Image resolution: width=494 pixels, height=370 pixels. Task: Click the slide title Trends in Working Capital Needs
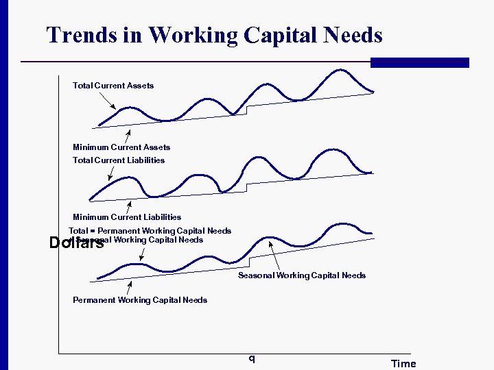tap(214, 35)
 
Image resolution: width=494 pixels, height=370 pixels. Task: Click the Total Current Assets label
tap(113, 86)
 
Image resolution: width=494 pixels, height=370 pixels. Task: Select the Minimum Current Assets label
tap(121, 147)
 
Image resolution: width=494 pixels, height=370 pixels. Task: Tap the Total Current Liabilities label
tap(119, 160)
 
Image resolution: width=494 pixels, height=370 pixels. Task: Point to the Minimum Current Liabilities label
tap(127, 217)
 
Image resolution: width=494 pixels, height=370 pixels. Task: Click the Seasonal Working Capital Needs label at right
tap(301, 275)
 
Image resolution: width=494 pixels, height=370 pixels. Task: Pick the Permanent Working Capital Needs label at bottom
tap(140, 300)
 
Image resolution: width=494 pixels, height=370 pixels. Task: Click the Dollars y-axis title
tap(76, 243)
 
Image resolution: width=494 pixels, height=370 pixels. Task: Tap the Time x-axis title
tap(403, 364)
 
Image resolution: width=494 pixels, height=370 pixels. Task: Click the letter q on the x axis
tap(252, 358)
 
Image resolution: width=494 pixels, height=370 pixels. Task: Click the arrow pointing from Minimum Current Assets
tap(128, 134)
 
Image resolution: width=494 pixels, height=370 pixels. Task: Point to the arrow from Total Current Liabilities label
tap(112, 172)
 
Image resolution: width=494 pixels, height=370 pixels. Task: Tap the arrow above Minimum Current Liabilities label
tap(129, 206)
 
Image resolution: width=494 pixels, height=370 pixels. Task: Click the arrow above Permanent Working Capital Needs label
tap(129, 288)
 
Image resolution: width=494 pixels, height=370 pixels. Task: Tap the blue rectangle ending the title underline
tap(419, 62)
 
